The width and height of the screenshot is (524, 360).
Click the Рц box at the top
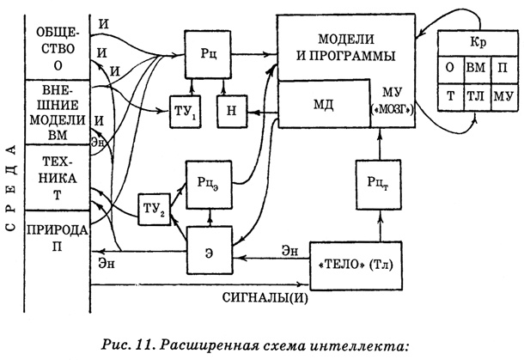[x=207, y=53]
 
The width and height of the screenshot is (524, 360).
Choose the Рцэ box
[x=207, y=180]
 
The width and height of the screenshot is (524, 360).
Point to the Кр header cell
[x=475, y=42]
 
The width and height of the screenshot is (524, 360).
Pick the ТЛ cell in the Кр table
[x=475, y=97]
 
